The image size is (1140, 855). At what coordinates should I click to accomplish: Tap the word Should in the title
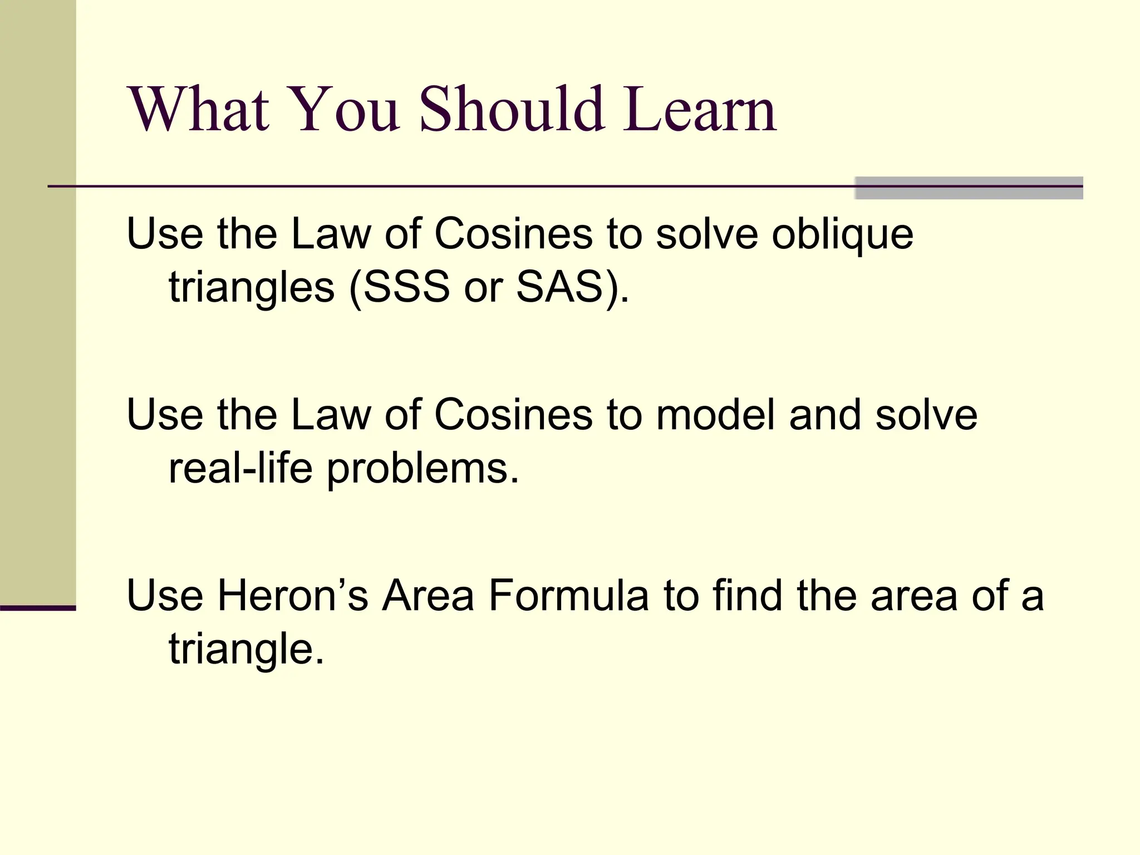(511, 109)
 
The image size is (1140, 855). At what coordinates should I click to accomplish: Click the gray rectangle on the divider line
(969, 188)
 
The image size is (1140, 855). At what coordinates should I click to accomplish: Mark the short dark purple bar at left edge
(38, 608)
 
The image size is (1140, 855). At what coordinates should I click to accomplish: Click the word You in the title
(344, 109)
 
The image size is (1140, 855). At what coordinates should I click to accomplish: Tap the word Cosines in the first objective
(513, 234)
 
